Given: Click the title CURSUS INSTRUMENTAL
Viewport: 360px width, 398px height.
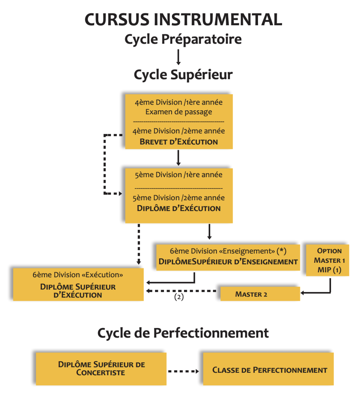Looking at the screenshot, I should [x=183, y=19].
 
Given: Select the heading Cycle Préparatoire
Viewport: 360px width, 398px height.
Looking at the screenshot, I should [x=183, y=39].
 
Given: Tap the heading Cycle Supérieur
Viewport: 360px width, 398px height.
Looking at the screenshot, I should [x=183, y=75].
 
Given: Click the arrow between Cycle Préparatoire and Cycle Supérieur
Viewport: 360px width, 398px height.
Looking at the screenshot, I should [x=178, y=57].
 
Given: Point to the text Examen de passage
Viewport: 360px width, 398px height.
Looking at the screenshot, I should [x=179, y=112].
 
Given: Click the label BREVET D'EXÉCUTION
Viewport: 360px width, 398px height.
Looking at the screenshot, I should [x=179, y=142].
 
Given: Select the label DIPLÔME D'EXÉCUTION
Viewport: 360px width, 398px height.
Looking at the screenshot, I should [x=179, y=208].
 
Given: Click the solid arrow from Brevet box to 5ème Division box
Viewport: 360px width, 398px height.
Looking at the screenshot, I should [x=178, y=158].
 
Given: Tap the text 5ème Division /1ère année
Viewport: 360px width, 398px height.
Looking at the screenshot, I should [x=179, y=175].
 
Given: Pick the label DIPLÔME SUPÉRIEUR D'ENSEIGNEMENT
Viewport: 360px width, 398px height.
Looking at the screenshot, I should [x=228, y=262].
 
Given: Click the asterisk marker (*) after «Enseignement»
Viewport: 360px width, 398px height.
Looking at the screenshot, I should [x=282, y=251].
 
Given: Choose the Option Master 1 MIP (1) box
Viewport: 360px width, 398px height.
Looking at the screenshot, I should [x=328, y=260].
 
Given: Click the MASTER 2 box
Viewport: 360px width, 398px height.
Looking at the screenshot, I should [x=260, y=294].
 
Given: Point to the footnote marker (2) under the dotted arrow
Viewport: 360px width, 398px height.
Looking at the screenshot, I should [x=179, y=297].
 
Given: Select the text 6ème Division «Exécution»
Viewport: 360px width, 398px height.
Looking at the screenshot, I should [x=78, y=275].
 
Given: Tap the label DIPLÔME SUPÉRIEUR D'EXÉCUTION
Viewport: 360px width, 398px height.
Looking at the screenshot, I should [x=78, y=291].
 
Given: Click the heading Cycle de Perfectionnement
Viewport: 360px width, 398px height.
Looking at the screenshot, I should [x=183, y=333].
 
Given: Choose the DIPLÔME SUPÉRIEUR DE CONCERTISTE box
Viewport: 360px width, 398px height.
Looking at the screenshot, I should [x=101, y=369].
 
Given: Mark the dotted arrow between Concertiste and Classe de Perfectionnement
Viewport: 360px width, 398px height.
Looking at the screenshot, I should [x=184, y=371].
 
